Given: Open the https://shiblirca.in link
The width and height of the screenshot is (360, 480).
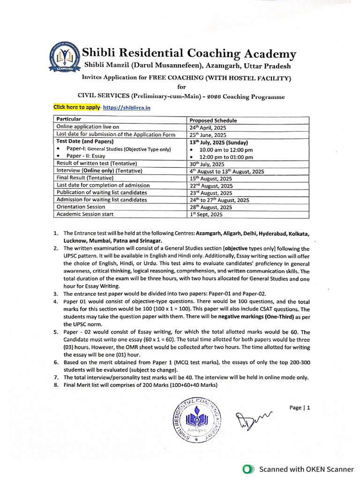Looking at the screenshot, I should (123, 108).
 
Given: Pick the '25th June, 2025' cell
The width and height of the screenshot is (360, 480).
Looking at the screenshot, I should (207, 135).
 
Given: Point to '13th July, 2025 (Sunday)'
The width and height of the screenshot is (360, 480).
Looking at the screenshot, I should (218, 142).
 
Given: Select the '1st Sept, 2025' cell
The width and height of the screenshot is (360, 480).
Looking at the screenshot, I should (206, 214).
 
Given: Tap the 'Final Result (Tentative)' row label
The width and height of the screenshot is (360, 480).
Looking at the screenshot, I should (85, 178).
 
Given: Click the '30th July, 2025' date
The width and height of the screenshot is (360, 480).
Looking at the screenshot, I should (207, 164).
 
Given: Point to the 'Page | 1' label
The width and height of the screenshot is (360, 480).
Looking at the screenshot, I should (300, 408).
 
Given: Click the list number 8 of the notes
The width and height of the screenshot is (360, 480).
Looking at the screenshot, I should (56, 385).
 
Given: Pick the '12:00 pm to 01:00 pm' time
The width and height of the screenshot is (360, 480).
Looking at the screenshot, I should (226, 157).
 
